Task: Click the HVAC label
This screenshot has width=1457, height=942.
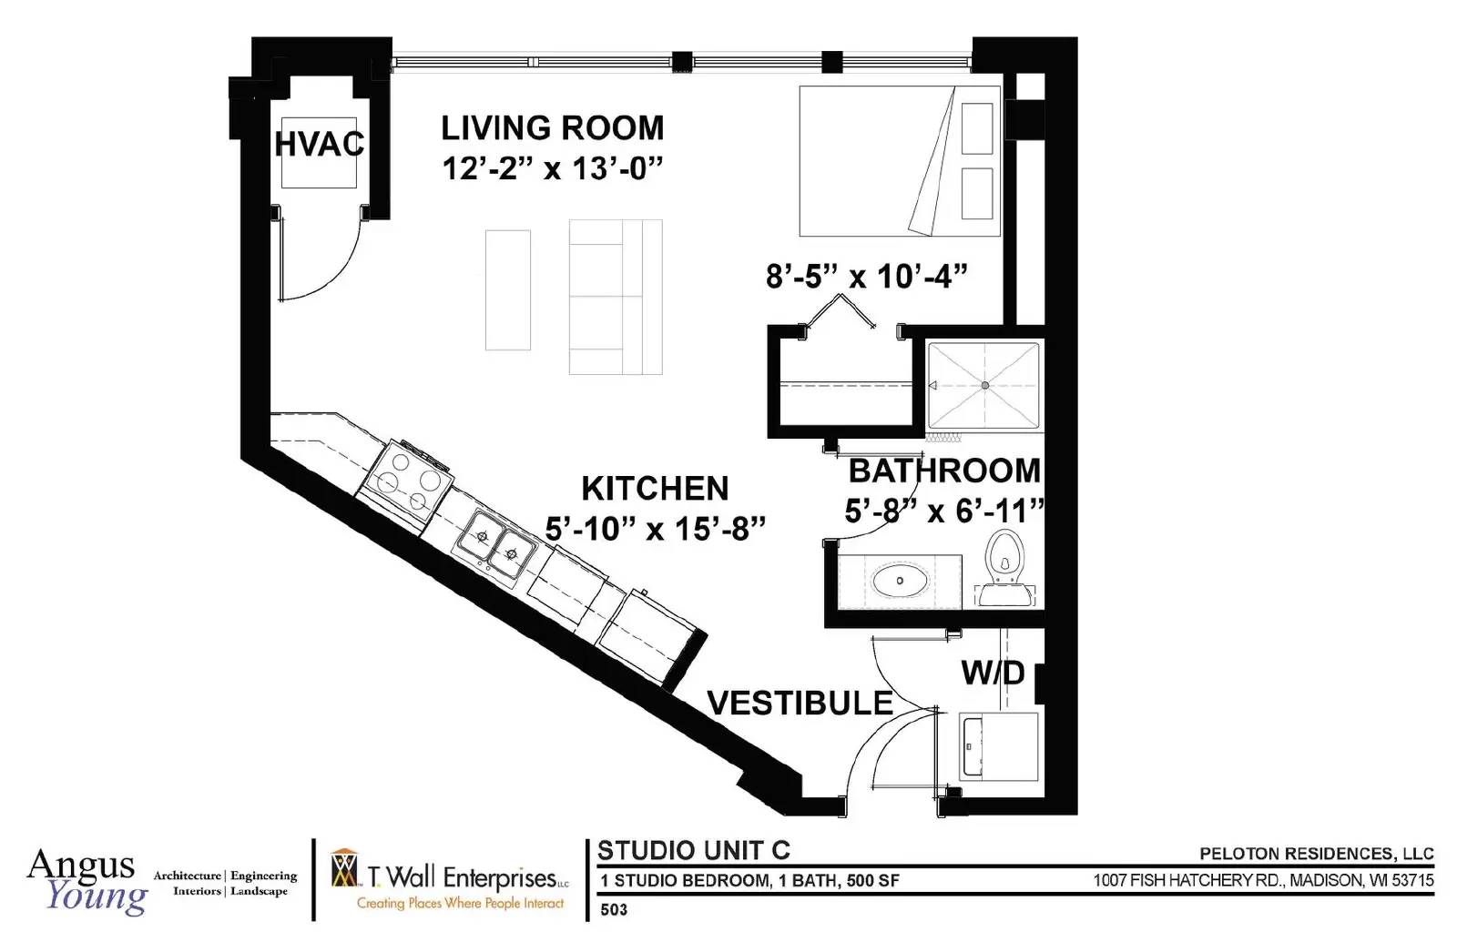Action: (x=320, y=144)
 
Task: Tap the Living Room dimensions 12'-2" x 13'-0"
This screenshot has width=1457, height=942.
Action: (x=553, y=169)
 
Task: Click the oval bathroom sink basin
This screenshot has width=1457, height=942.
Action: (x=901, y=581)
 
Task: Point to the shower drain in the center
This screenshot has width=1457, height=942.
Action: (x=984, y=386)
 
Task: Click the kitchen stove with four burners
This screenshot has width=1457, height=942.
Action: (x=409, y=481)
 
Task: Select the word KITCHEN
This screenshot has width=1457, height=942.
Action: (x=655, y=488)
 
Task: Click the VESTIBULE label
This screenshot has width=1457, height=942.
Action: (x=800, y=703)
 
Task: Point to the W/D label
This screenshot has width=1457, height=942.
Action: (x=993, y=673)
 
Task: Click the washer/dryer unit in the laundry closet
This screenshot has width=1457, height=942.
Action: (x=998, y=746)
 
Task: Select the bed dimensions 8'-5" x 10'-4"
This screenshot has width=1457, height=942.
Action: (x=867, y=277)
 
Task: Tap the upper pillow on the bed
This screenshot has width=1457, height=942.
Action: (x=977, y=128)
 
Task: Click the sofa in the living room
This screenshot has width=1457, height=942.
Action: (x=616, y=297)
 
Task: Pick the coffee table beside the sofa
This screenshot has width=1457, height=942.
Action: (x=508, y=290)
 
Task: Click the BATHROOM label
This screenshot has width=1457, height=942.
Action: (x=944, y=471)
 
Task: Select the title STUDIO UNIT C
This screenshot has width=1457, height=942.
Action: (x=694, y=850)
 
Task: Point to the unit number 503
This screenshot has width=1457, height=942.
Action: (x=614, y=909)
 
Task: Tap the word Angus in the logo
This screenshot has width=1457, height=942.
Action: (x=81, y=866)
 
